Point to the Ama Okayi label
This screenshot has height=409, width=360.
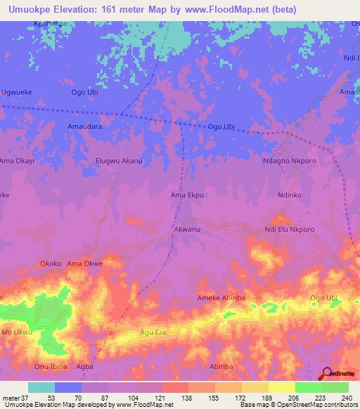click(x=18, y=161)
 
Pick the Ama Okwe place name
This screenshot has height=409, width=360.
click(x=85, y=264)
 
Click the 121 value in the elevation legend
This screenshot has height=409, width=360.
click(x=149, y=398)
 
